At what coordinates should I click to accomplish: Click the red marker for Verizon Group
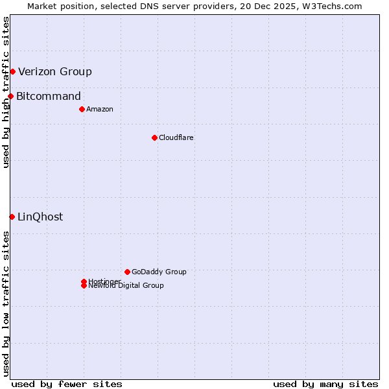[x=12, y=71]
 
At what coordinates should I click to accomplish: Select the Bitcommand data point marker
[x=10, y=96]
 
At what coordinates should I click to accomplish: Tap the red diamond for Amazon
[x=82, y=109]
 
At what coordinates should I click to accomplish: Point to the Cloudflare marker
[x=154, y=137]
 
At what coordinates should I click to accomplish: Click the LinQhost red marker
[x=12, y=217]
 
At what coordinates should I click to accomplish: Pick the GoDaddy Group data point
[x=127, y=272]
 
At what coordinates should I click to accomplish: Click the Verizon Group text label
[x=55, y=72]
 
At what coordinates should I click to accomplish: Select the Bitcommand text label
[x=49, y=97]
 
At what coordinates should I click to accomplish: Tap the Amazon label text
[x=100, y=109]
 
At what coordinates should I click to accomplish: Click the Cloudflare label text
[x=176, y=137]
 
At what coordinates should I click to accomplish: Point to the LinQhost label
[x=40, y=217]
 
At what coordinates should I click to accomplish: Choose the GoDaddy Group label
[x=159, y=272]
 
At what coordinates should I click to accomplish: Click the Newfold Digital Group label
[x=126, y=286]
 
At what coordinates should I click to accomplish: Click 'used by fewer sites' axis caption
[x=67, y=384]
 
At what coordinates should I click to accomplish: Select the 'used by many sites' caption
[x=325, y=384]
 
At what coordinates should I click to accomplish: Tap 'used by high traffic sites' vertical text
[x=6, y=92]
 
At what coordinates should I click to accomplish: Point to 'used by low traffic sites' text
[x=6, y=303]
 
